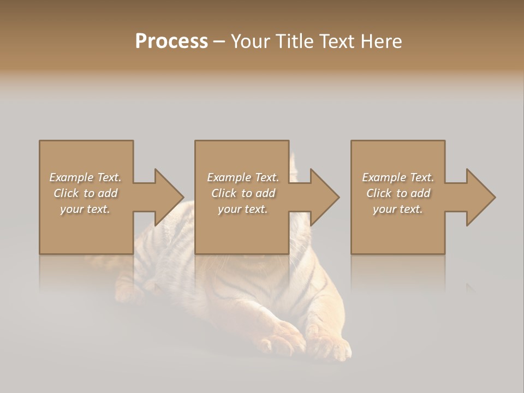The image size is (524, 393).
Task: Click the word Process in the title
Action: tap(171, 41)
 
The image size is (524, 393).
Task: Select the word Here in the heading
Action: tap(380, 41)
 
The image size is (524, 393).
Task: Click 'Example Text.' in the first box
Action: tap(85, 177)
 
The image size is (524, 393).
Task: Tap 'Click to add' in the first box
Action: tap(85, 193)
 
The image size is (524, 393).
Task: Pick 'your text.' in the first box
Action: tap(85, 209)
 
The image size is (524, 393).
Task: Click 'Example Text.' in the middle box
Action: tap(242, 177)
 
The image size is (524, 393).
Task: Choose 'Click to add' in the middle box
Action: tap(242, 193)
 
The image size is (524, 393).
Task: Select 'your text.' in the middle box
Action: tap(242, 209)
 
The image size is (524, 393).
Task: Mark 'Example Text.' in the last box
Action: tap(398, 177)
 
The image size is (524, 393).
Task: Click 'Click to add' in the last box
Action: tap(398, 193)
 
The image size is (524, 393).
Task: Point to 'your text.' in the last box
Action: tap(398, 209)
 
